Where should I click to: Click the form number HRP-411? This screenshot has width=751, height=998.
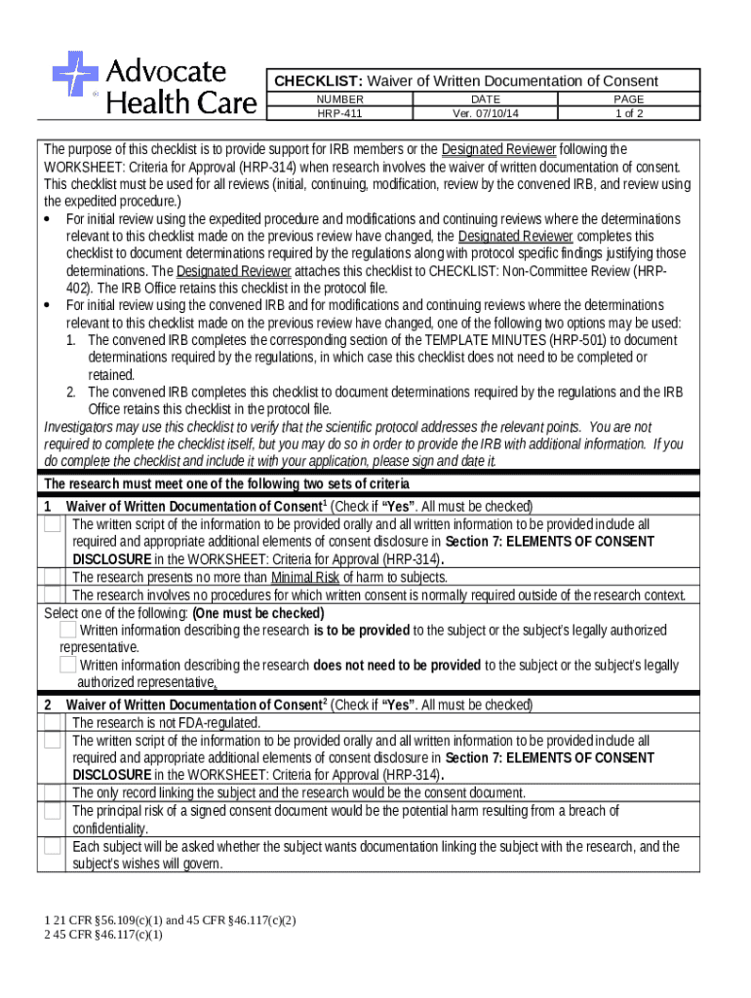(x=339, y=113)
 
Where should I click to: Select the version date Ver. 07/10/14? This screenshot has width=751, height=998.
(x=485, y=113)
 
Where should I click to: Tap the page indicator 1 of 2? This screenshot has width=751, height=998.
(x=629, y=113)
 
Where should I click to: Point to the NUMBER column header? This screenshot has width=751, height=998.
(x=339, y=99)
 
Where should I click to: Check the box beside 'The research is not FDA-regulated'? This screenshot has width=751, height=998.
(x=52, y=723)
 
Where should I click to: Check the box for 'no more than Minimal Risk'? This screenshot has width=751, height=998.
(x=52, y=577)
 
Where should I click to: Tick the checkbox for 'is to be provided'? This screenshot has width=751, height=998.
(x=68, y=631)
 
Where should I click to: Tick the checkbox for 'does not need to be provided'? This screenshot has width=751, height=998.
(x=68, y=665)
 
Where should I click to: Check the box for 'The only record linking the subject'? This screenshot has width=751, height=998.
(x=52, y=792)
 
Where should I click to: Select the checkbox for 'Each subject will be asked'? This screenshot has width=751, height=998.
(x=52, y=848)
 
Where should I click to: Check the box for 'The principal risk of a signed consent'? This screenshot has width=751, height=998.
(x=52, y=812)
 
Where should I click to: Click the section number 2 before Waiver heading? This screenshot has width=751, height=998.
(x=47, y=705)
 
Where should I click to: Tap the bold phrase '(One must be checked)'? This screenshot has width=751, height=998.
(x=258, y=613)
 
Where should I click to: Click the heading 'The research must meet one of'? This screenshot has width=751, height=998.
(x=226, y=484)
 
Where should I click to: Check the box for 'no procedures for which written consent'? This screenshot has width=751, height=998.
(x=52, y=595)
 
